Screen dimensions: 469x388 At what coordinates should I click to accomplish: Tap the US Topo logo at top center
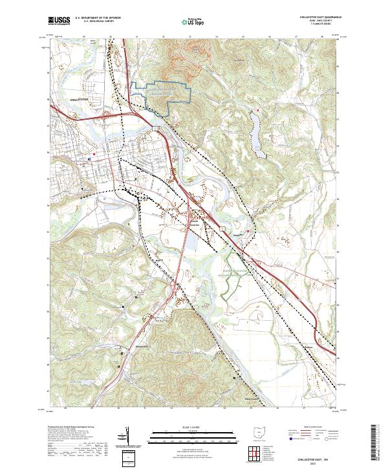click(193, 21)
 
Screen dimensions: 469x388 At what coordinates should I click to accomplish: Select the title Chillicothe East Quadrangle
click(317, 17)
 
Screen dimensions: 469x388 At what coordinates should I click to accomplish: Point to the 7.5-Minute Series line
click(317, 25)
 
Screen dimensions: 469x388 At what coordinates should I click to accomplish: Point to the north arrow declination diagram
click(126, 437)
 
